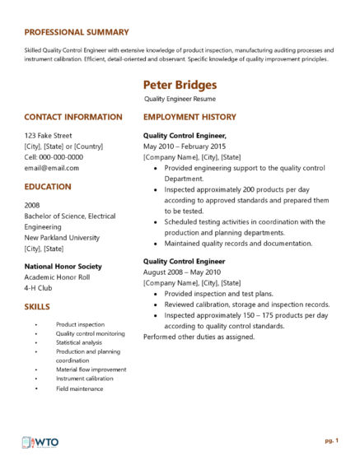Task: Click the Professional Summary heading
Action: (77, 32)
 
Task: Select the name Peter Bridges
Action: (180, 85)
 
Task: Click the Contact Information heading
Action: (73, 117)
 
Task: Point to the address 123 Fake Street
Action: (48, 135)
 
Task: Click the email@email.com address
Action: (52, 167)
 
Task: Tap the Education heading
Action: (48, 187)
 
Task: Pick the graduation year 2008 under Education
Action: (32, 204)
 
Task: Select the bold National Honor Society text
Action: (63, 267)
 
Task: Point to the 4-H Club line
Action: (40, 288)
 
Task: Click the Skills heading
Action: (39, 307)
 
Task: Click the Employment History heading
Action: (189, 117)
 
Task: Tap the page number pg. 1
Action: (331, 441)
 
